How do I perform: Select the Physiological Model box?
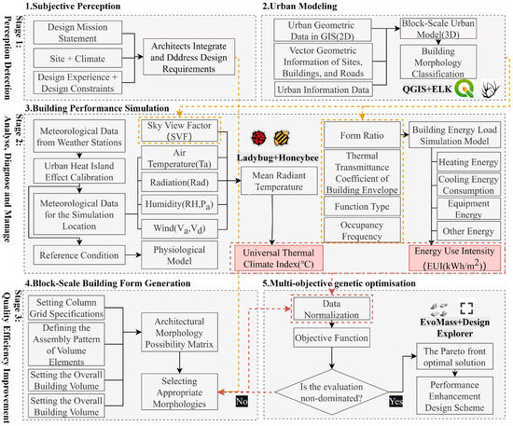click(178, 254)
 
